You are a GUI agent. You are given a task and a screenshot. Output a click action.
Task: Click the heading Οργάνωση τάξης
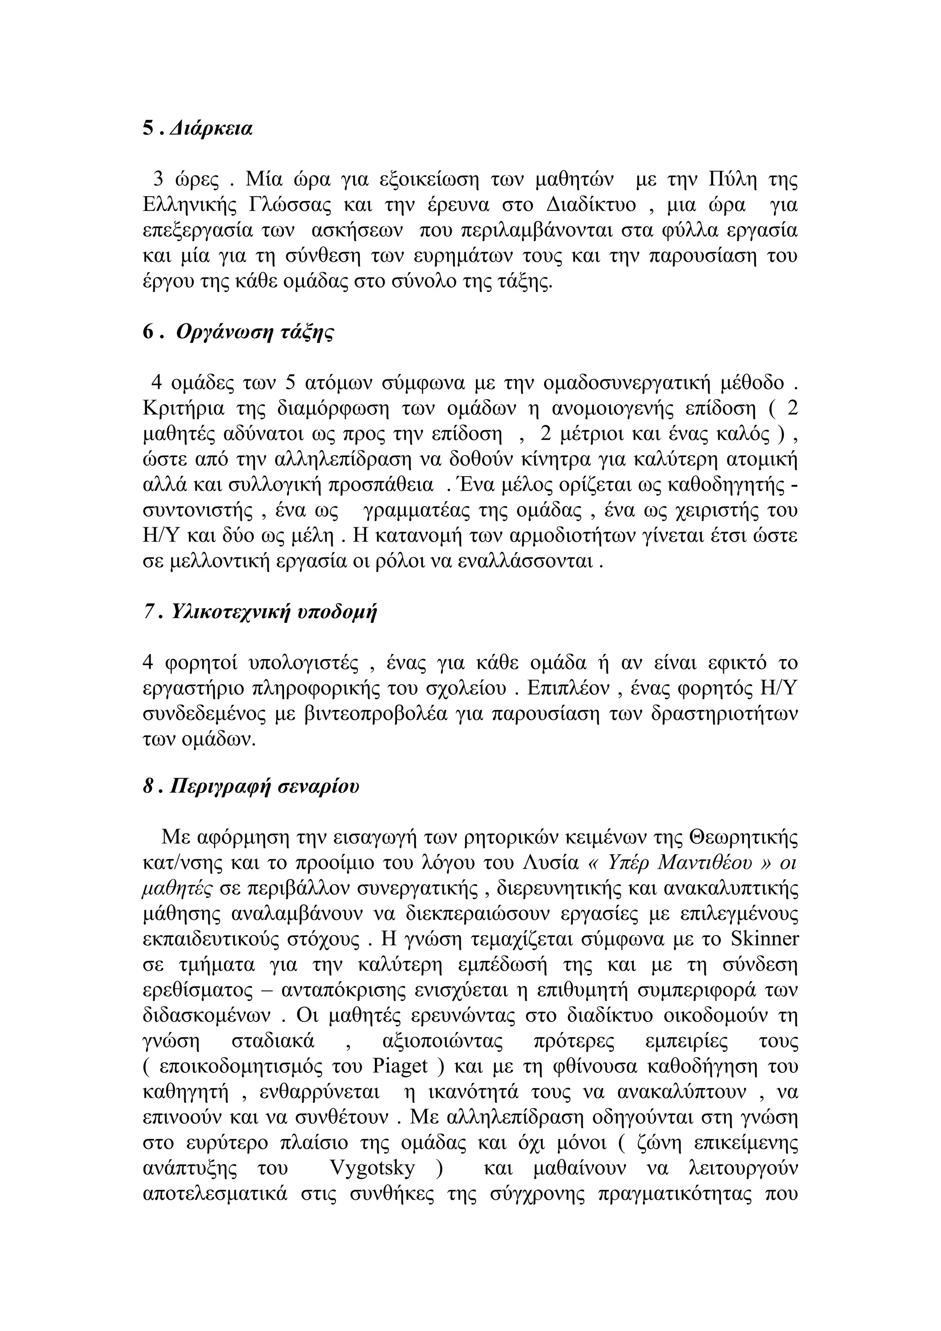255,332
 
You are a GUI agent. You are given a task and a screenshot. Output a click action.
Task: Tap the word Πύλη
733,180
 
